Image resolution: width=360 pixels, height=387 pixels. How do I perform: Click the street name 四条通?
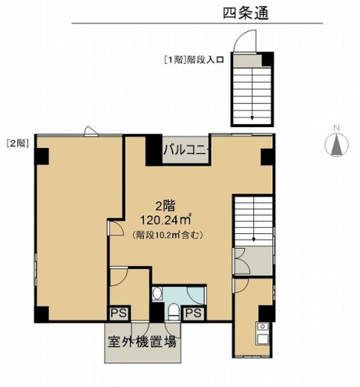246,13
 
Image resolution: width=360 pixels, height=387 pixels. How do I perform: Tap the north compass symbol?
336,145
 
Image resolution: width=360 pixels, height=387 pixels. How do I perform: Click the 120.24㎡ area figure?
166,219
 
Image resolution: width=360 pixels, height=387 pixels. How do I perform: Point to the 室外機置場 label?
143,342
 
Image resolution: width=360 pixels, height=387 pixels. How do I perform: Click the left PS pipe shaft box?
120,313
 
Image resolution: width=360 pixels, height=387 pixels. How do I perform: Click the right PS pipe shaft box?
194,313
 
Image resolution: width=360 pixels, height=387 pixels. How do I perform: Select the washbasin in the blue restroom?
157,293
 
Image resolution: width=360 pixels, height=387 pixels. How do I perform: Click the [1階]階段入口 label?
194,59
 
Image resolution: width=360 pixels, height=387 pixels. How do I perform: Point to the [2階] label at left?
16,143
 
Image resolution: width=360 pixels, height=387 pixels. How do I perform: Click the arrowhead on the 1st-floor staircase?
252,118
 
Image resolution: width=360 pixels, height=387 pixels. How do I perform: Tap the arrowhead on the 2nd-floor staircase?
254,239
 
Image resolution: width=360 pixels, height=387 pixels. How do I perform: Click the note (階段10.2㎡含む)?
168,235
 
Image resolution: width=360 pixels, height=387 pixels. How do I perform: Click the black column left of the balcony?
154,150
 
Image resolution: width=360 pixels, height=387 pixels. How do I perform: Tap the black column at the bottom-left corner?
42,314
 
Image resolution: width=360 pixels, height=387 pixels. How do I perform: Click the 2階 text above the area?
165,206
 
